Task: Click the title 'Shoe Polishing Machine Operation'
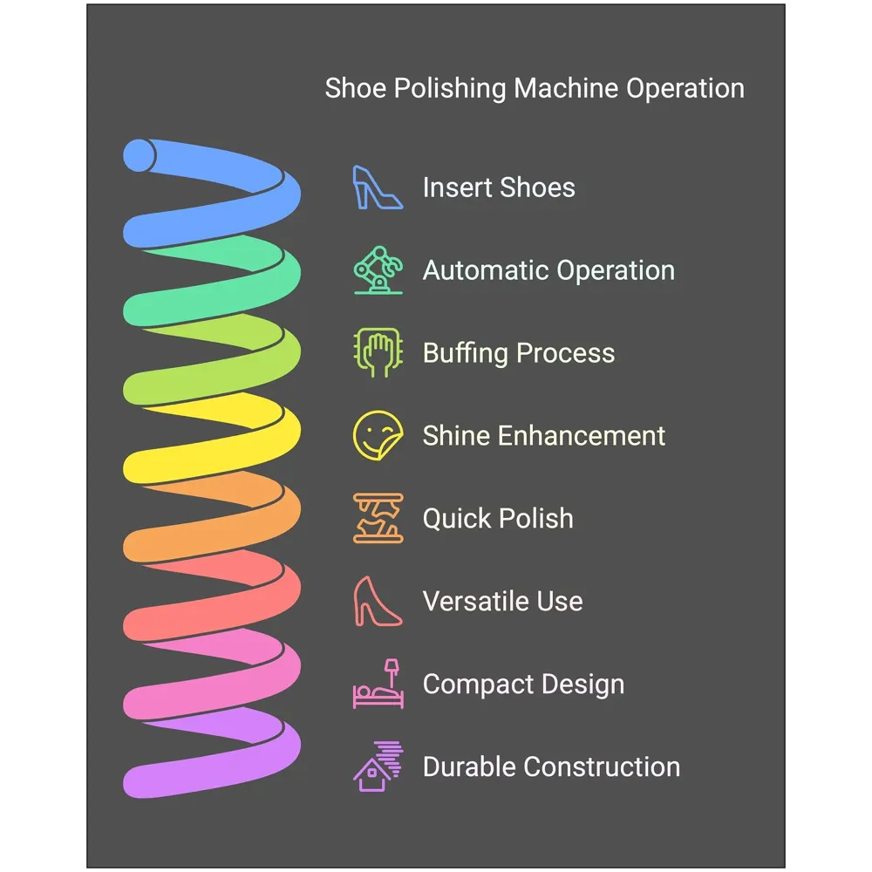(535, 89)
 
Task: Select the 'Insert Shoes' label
(499, 187)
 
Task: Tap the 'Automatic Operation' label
(548, 270)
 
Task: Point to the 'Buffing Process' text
(519, 353)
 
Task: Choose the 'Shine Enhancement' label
(544, 436)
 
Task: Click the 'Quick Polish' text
(498, 519)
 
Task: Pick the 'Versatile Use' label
(502, 602)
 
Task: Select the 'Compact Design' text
(523, 685)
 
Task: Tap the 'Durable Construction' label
(551, 767)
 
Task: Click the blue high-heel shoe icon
(377, 187)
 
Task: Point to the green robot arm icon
(378, 270)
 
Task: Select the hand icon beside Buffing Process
(378, 353)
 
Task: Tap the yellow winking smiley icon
(378, 436)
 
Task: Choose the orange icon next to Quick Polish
(378, 519)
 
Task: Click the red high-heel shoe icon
(377, 602)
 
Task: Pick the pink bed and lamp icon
(378, 685)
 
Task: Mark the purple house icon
(376, 767)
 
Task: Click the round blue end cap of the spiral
(139, 156)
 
